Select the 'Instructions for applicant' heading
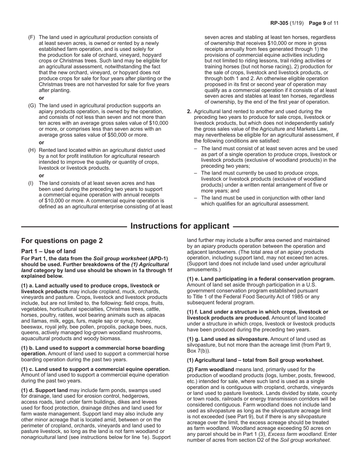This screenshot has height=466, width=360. (180, 226)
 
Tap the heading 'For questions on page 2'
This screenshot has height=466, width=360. (62, 241)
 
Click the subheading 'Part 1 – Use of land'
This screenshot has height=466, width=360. (48, 251)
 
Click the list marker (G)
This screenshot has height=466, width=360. (32, 106)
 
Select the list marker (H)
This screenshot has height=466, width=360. (32, 150)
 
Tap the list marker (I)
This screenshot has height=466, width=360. (31, 183)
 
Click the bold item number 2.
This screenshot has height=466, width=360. (189, 112)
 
